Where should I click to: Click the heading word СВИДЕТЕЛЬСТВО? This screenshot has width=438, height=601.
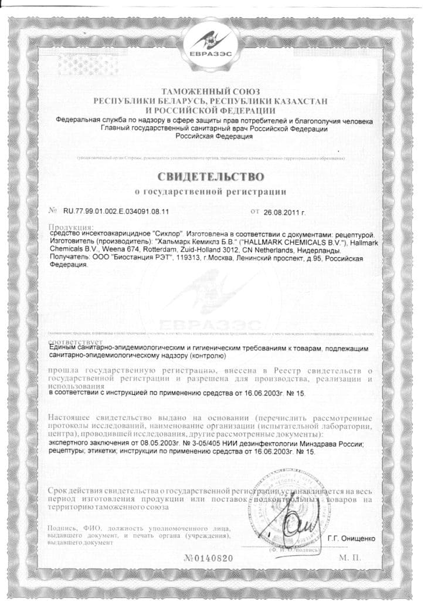pos(210,176)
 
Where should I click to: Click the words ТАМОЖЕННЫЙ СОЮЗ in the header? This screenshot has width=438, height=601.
pos(210,92)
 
